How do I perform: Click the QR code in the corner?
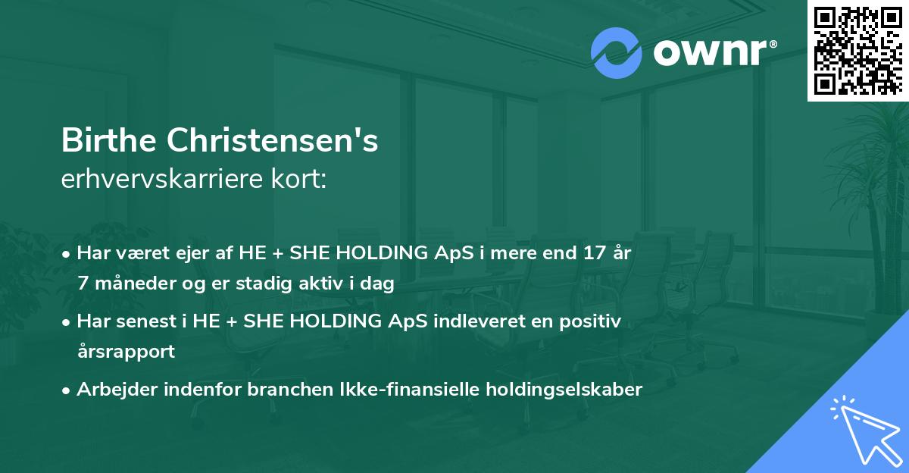point(857,51)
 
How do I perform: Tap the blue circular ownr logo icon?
point(616,53)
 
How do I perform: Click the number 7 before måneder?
point(82,284)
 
